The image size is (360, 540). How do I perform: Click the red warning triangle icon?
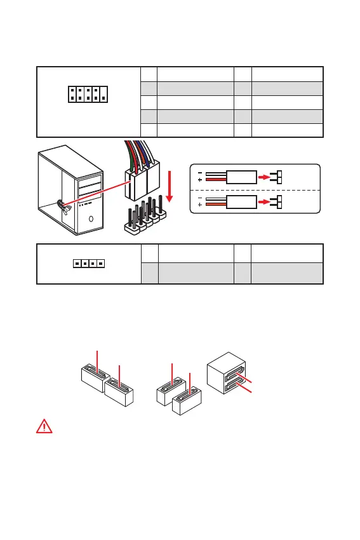tap(44, 426)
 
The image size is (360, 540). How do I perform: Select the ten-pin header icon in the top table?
tap(88, 95)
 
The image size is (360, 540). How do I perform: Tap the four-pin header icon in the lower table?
tap(89, 264)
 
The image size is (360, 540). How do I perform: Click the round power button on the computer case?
tap(91, 219)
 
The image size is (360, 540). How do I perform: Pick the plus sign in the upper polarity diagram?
tap(200, 180)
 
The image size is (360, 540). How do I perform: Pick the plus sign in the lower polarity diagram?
tap(200, 205)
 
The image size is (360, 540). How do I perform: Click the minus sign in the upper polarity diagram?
tap(200, 173)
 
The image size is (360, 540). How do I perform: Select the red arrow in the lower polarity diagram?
tap(264, 202)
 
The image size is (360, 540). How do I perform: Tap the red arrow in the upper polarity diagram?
tap(264, 177)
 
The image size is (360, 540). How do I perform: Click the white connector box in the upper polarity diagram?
tap(241, 177)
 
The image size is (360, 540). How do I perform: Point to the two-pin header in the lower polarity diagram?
tap(276, 202)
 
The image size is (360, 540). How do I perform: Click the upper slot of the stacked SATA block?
tap(234, 374)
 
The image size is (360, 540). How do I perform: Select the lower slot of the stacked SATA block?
tap(234, 385)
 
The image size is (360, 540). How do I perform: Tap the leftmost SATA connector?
tap(95, 377)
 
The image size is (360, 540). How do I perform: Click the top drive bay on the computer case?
tap(90, 181)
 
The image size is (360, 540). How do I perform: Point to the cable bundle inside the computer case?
tap(64, 207)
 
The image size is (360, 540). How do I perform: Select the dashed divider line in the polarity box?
tap(255, 190)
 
